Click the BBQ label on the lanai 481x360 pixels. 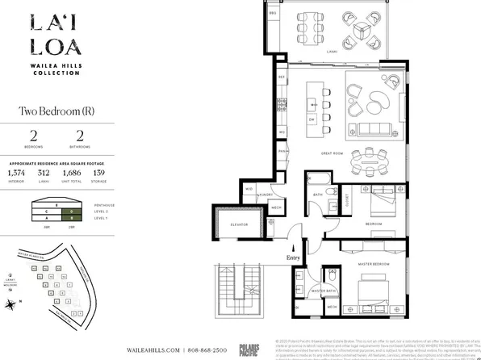click(273, 14)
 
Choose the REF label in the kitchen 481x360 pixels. click(282, 77)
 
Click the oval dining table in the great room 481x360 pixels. click(374, 162)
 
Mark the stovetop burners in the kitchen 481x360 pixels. click(282, 103)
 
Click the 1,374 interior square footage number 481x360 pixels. click(16, 173)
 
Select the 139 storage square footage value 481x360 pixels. click(99, 173)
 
